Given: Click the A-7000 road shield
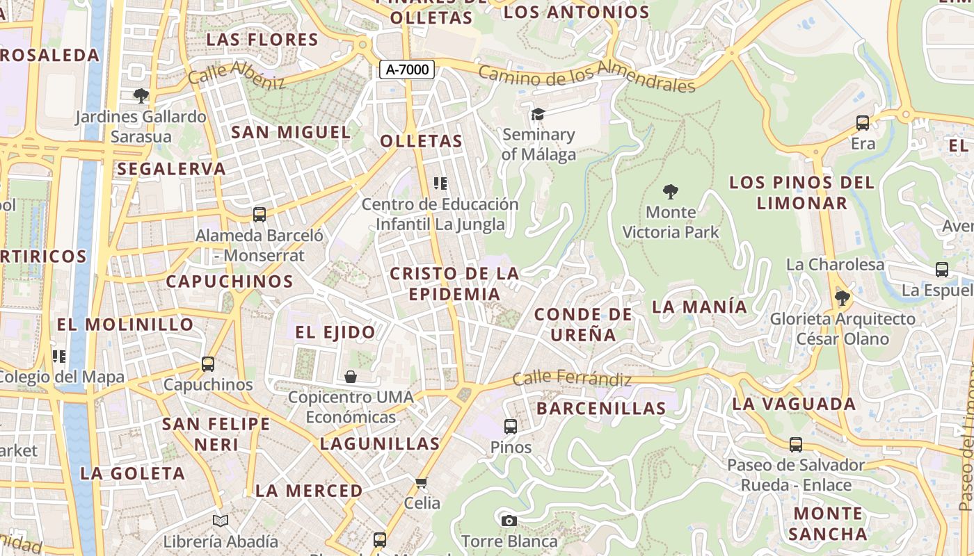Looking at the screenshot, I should (407, 69).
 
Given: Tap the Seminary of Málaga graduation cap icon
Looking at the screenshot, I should (538, 114).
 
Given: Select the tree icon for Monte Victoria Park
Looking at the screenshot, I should (671, 191).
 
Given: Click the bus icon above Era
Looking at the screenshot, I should (863, 123).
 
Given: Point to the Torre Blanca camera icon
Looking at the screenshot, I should (509, 521).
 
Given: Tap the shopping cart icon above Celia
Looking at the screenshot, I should (421, 482).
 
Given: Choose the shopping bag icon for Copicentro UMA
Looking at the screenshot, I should (351, 377).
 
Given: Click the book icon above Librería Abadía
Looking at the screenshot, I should (221, 521).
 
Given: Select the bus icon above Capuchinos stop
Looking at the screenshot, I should (207, 363).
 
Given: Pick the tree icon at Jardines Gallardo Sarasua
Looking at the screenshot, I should (141, 95).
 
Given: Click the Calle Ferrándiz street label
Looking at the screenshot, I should (572, 379).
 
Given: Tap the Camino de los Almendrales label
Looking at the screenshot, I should (586, 76).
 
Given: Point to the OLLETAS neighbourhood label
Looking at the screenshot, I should (421, 141).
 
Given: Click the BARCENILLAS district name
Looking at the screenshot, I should (601, 408).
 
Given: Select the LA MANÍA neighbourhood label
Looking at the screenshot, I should (699, 306).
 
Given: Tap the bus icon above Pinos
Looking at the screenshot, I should (511, 427).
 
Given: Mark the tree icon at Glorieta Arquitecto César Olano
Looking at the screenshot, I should (842, 299).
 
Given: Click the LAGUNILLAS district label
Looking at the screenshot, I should (380, 443).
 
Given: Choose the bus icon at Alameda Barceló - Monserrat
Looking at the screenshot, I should (260, 215).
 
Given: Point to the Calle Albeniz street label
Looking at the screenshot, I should (237, 74).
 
